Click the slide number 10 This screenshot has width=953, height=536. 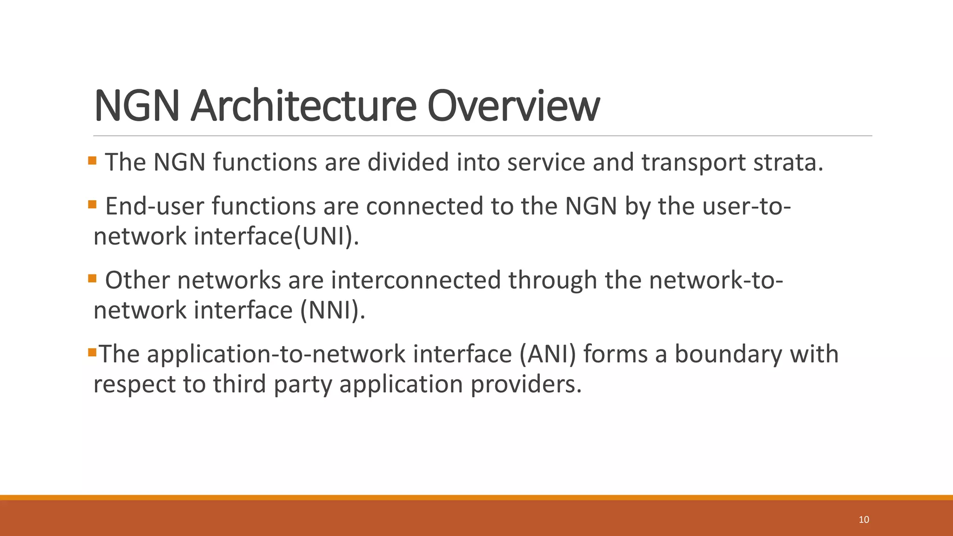click(x=864, y=520)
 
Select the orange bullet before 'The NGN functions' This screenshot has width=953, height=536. click(x=92, y=161)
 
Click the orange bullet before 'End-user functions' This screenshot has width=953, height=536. click(x=92, y=204)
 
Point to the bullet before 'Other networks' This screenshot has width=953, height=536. click(x=92, y=278)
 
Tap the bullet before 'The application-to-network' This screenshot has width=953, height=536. click(x=92, y=352)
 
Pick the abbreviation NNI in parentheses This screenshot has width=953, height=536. click(x=332, y=310)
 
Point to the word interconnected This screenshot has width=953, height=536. click(x=416, y=280)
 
